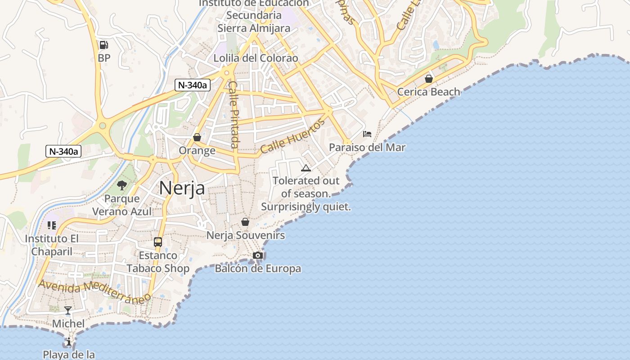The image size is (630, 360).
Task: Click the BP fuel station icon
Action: [103, 45]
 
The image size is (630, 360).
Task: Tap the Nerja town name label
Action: [182, 188]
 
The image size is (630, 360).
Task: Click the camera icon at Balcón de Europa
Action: [257, 255]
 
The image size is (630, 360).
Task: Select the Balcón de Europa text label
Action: [258, 269]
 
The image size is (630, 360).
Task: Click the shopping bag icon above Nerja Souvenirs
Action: [245, 221]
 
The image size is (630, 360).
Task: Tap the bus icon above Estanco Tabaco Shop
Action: [157, 242]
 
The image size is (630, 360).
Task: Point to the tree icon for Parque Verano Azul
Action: [121, 185]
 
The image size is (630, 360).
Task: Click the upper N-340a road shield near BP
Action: [193, 85]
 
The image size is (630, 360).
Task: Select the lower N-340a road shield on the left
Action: [63, 151]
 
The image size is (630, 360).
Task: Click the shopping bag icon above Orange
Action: [197, 137]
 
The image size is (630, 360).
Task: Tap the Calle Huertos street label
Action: [292, 136]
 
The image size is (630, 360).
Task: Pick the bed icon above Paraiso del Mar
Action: [367, 134]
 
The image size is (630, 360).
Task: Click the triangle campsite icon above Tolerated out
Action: [306, 168]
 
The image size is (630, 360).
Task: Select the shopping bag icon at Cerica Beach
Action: [428, 78]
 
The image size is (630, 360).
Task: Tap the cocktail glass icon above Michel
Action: [68, 310]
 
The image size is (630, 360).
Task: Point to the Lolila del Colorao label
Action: [256, 58]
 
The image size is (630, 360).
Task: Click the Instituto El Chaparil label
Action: [52, 245]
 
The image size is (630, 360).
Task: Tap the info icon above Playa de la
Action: [68, 342]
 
